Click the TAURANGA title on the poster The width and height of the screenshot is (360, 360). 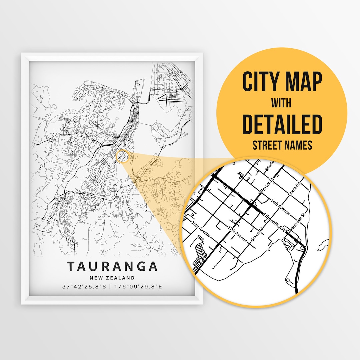(112, 266)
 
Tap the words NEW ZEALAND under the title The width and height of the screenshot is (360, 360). (112, 278)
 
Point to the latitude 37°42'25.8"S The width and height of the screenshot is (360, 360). (84, 286)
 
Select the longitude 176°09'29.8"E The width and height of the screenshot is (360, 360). (138, 286)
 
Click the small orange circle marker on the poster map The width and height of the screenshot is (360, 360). (123, 157)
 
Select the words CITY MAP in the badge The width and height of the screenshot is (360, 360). (282, 82)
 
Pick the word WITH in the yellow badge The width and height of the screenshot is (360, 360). (282, 103)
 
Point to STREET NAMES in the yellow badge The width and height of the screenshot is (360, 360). (282, 145)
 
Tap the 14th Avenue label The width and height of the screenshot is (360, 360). (280, 207)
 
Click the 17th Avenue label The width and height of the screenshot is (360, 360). (237, 234)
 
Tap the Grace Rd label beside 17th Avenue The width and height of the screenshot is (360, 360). (257, 235)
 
